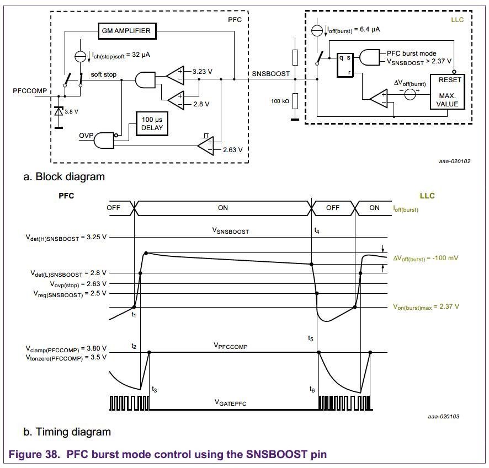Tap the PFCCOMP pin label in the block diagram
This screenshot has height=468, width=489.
point(30,90)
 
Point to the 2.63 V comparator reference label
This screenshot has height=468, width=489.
point(232,149)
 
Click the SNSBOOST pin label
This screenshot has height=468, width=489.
point(270,73)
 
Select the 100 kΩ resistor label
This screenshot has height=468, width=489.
point(280,101)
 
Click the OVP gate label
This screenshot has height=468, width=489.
point(87,135)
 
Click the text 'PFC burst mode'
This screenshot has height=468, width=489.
point(411,53)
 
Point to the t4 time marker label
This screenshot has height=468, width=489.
point(316,232)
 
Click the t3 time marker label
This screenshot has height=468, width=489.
point(155,389)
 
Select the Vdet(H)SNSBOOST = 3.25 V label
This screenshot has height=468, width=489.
point(66,237)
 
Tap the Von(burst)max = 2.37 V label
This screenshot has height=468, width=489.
point(426,306)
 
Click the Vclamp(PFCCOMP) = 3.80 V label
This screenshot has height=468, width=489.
point(66,348)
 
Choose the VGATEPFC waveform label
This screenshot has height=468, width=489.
point(230,403)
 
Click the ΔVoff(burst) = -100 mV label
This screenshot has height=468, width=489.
point(426,258)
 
